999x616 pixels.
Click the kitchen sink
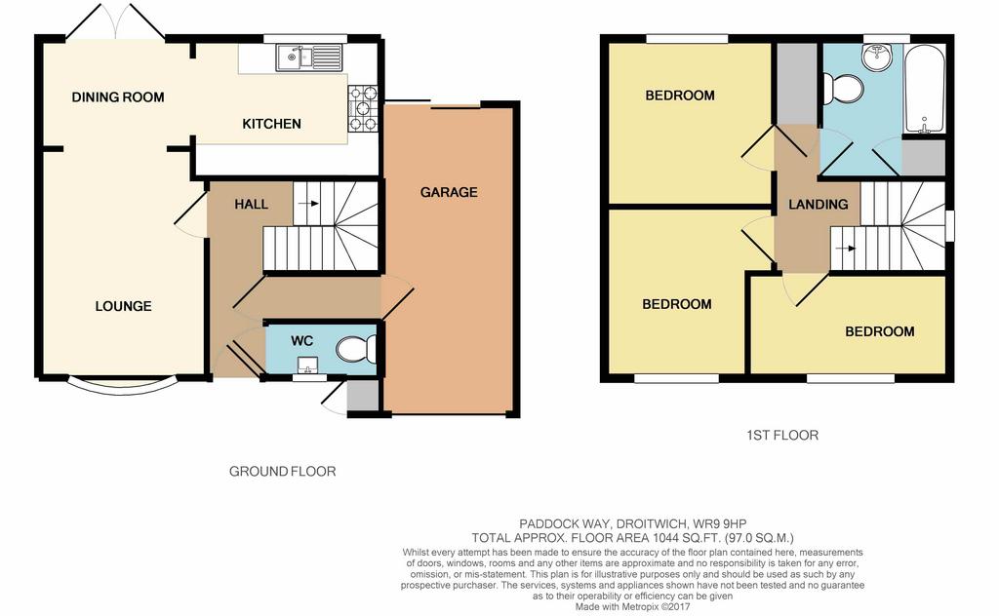pos(309,58)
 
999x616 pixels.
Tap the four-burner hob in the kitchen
pos(363,109)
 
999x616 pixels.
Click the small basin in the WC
pos(308,365)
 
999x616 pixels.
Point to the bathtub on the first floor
pos(923,89)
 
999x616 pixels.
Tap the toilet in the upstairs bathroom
pos(842,89)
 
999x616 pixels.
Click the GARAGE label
pos(449,192)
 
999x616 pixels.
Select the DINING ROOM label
pos(118,97)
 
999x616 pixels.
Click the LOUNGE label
pos(124,306)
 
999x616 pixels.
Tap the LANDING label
pos(819,205)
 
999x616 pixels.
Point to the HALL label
pos(251,205)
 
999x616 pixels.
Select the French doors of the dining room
pos(115,22)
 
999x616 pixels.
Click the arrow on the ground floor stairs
pos(308,204)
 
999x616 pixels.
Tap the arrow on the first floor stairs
pos(846,249)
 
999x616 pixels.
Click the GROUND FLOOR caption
pos(282,472)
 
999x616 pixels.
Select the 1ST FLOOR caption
pos(782,436)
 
